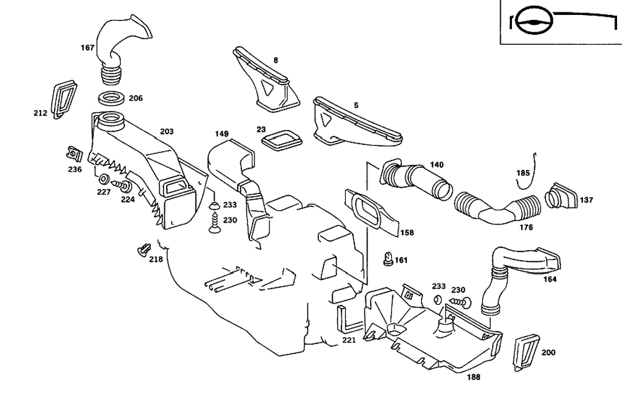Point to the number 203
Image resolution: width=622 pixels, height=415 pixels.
pos(166,131)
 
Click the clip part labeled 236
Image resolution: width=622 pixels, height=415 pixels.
pos(75,153)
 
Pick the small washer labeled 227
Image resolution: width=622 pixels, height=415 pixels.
pos(103,180)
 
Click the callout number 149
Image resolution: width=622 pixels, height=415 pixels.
pos(222,134)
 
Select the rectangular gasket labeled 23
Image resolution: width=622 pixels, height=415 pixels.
pos(281,140)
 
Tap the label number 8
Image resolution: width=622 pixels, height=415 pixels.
pos(276,60)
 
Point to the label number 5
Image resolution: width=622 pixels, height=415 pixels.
pos(356,106)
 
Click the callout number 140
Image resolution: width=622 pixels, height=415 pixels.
pos(437,165)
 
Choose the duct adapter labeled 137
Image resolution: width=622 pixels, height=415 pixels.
pos(560,195)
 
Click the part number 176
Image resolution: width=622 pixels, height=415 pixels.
pos(526,228)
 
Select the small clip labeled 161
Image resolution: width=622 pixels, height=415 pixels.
pos(388,258)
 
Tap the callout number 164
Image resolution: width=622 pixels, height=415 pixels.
pos(550,279)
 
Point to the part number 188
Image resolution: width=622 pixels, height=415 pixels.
pos(473,376)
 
